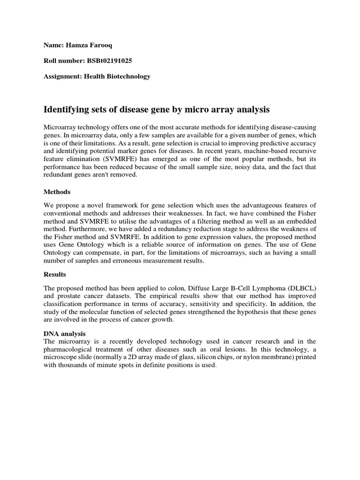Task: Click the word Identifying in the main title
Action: [x=66, y=110]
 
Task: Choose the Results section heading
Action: [x=55, y=274]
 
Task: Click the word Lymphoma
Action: [x=259, y=287]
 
